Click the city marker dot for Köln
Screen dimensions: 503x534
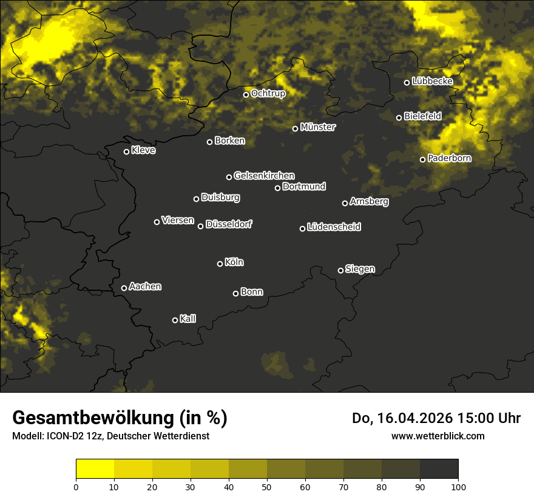220,264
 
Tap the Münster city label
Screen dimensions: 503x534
318,127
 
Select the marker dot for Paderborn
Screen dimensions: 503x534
423,159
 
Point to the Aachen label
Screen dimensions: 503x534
146,287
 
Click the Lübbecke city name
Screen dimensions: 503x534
432,81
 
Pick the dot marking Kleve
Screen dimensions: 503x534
126,152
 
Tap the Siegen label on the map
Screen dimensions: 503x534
360,269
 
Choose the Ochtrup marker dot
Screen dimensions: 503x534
246,95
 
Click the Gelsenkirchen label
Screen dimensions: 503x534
264,176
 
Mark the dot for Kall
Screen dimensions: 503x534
175,320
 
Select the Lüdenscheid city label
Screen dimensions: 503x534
334,227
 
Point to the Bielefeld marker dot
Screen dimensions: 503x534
399,118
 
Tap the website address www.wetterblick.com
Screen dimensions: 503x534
438,436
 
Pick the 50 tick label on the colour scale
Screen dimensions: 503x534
267,486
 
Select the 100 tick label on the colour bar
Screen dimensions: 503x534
458,486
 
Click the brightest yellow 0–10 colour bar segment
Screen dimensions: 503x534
95,468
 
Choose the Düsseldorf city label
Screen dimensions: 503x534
229,224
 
